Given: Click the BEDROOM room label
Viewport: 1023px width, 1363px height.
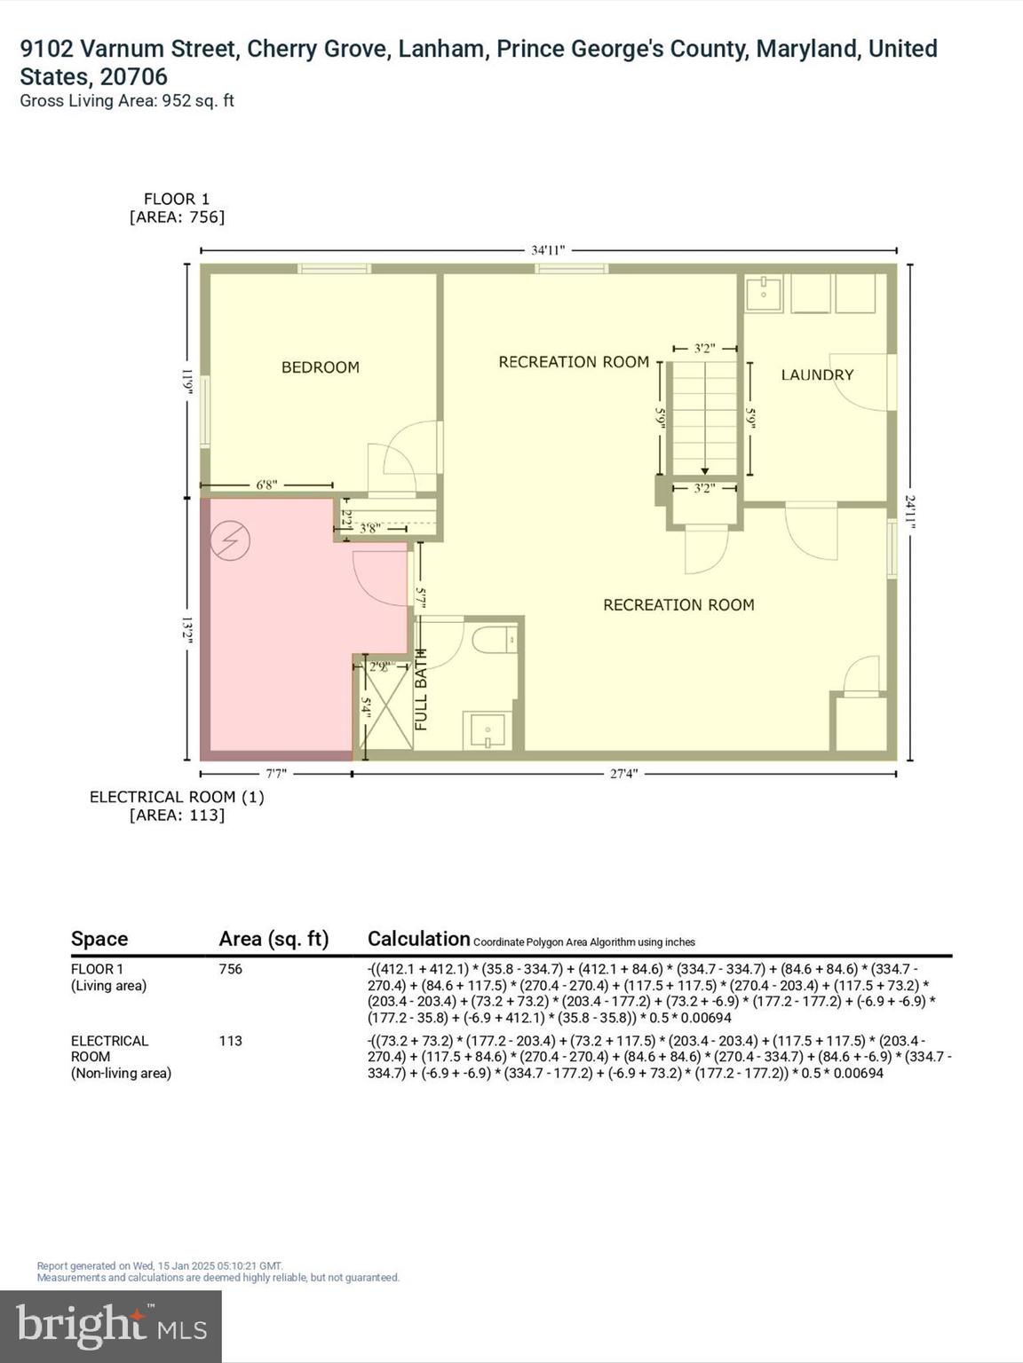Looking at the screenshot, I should (x=320, y=367).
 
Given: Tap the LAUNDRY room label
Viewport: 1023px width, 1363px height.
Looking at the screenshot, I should (x=817, y=375).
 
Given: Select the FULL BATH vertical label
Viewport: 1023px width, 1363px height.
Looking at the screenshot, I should (x=421, y=689).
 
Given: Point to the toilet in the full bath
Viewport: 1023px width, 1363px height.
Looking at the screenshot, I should (x=494, y=640).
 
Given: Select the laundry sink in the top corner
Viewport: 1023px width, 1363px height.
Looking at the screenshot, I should (x=763, y=293).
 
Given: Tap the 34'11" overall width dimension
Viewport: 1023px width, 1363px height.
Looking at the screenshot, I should (x=548, y=250).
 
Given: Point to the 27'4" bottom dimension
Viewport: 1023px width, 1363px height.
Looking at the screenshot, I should (x=623, y=774).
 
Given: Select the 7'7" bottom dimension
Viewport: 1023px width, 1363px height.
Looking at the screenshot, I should (x=276, y=774).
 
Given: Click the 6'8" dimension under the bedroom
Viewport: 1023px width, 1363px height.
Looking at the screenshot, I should (x=266, y=485).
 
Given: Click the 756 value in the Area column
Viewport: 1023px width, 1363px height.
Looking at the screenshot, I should (x=231, y=969).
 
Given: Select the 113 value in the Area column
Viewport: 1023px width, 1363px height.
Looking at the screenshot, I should (x=231, y=1041).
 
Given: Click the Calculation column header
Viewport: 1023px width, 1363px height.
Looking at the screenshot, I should (x=418, y=939).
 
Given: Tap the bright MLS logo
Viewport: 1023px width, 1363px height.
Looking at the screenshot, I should (x=111, y=1326).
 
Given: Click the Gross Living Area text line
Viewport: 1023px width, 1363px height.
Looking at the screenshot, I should (x=127, y=101).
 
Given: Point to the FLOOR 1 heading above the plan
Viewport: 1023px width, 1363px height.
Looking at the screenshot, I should (x=177, y=200).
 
